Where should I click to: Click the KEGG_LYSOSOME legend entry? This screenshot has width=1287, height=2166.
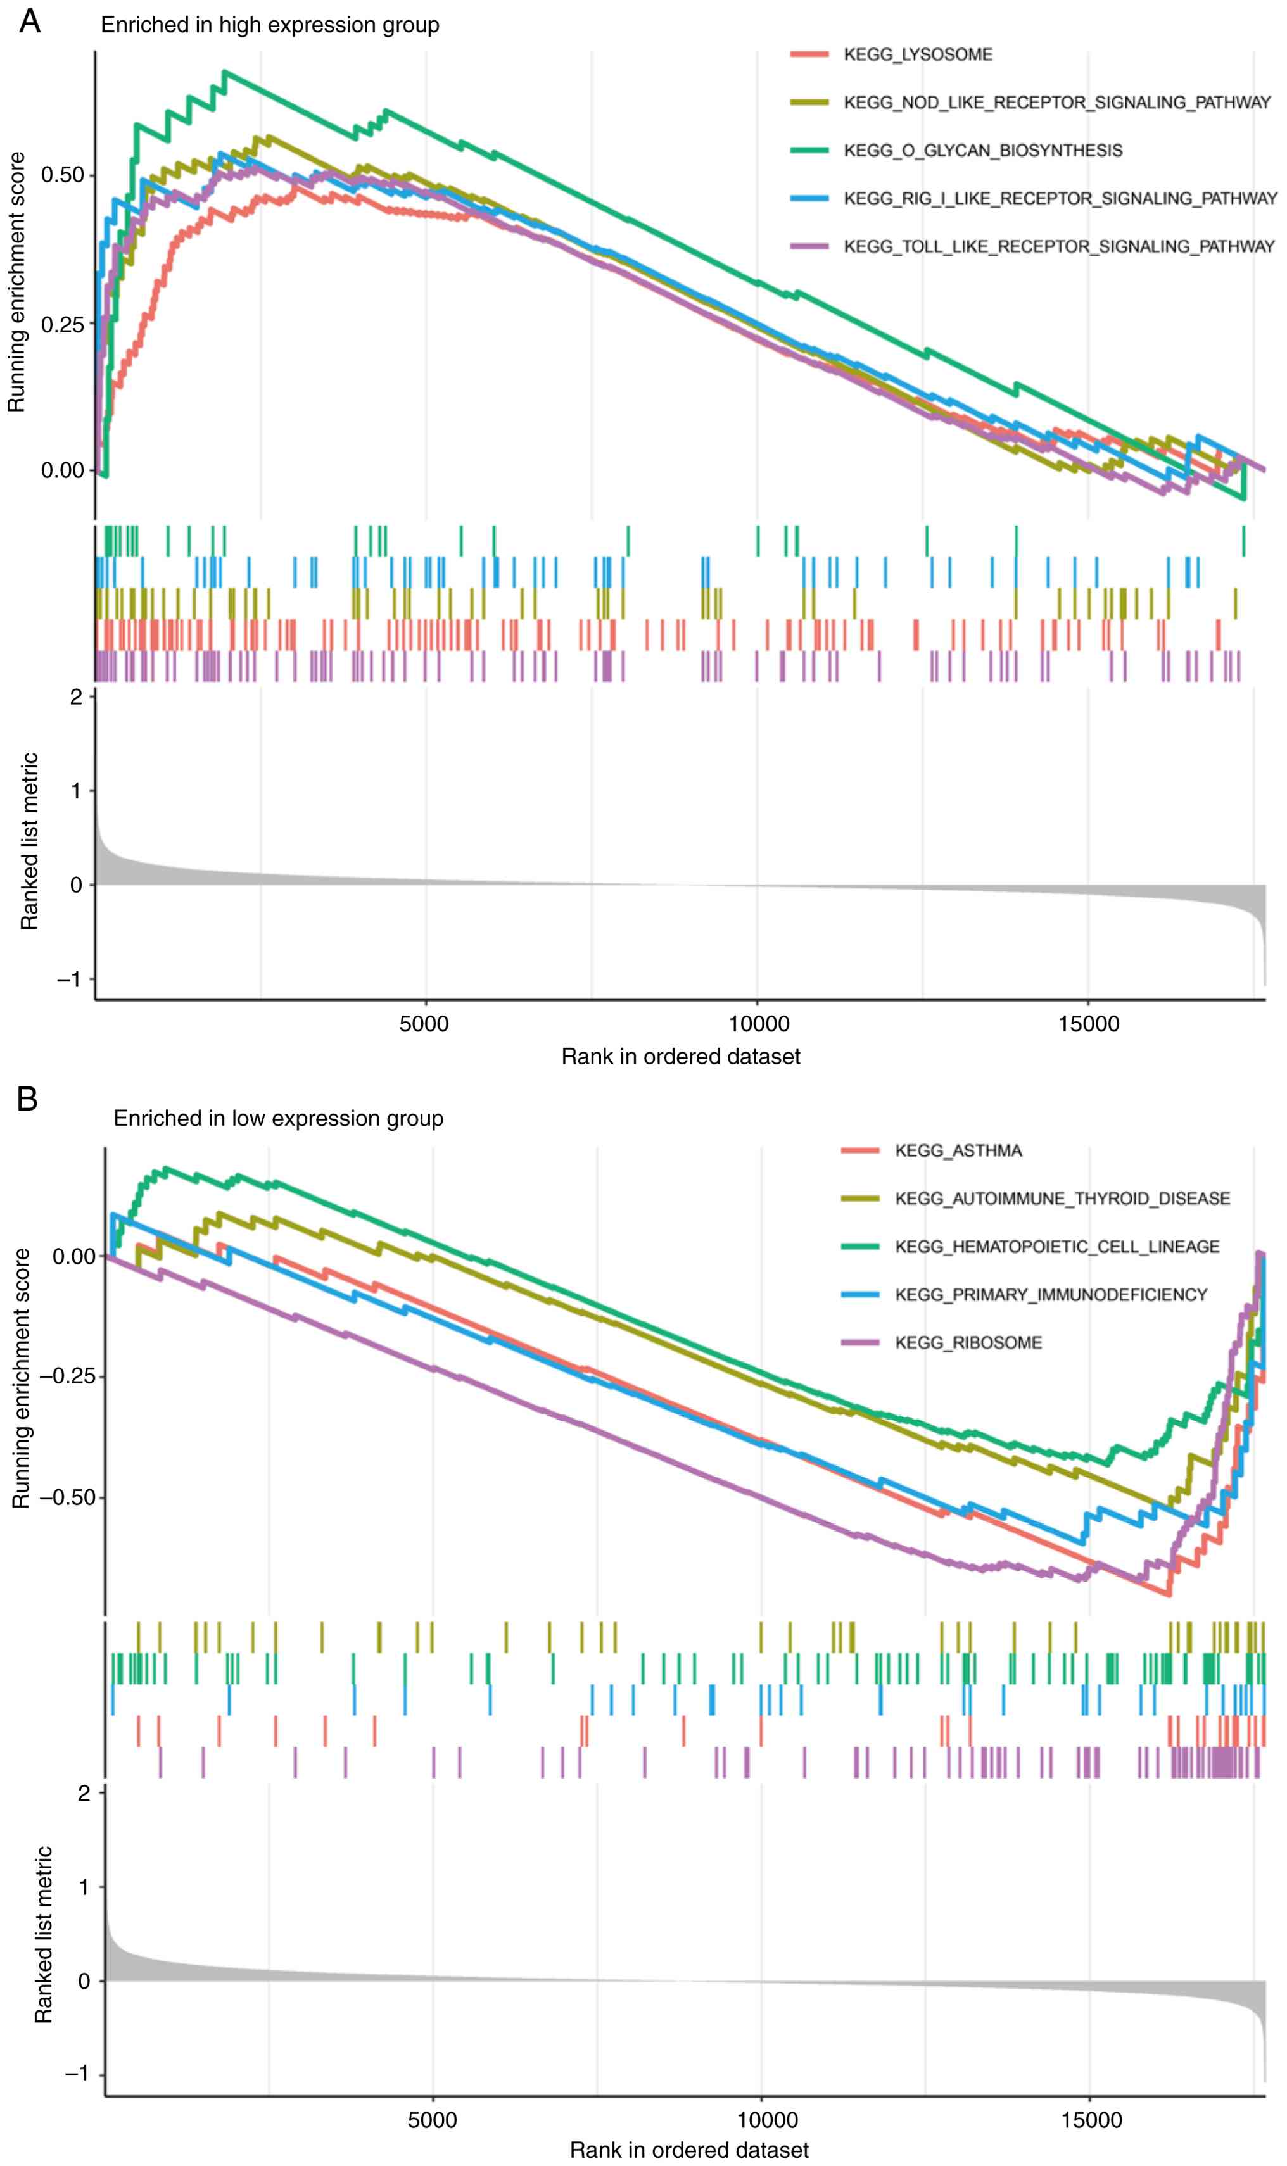[918, 54]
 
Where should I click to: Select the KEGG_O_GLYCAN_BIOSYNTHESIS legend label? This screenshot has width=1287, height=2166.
[982, 151]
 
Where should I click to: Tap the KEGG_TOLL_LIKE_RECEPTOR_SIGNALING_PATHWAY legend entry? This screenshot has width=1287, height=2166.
[1059, 247]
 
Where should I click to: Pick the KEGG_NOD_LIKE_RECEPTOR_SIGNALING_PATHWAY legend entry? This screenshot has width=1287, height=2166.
[1056, 103]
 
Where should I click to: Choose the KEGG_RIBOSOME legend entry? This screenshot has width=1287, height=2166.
[968, 1342]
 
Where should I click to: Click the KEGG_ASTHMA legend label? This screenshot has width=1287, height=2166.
[958, 1150]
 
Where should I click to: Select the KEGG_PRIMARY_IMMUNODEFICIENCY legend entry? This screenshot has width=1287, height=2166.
[1050, 1295]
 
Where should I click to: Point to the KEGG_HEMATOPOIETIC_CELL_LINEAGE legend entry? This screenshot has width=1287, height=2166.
[1056, 1247]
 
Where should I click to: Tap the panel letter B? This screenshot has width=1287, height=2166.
[28, 1099]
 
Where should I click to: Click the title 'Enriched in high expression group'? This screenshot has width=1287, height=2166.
[270, 25]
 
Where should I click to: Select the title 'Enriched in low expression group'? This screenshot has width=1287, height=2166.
[279, 1118]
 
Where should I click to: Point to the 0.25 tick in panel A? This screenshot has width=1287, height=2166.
[63, 324]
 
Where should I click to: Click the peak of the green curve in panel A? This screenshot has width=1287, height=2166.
[225, 72]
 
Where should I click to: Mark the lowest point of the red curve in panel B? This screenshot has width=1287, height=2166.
[1169, 1593]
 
